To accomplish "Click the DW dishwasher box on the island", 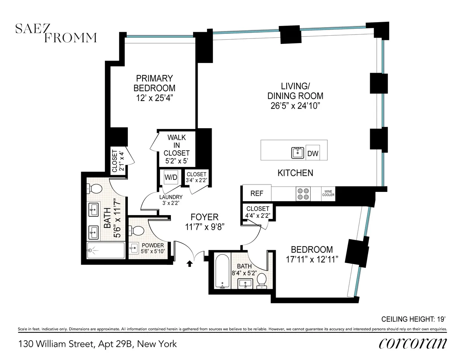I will click(313, 153).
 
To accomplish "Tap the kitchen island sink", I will click(298, 153).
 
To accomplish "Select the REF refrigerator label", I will click(257, 193).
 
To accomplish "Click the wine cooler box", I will click(328, 193).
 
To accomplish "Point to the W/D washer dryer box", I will click(170, 177).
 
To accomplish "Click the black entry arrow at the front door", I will click(190, 264).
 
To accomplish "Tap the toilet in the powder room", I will click(137, 231).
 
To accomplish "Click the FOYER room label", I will click(204, 217).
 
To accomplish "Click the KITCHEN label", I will click(295, 173).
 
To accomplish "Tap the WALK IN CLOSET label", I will click(177, 145).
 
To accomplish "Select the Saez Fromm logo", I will click(56, 33).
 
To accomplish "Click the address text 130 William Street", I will click(97, 344).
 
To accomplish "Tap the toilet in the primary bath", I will click(95, 189).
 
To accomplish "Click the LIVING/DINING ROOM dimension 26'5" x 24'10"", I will click(295, 106).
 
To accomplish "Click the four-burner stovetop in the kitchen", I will click(303, 193).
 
